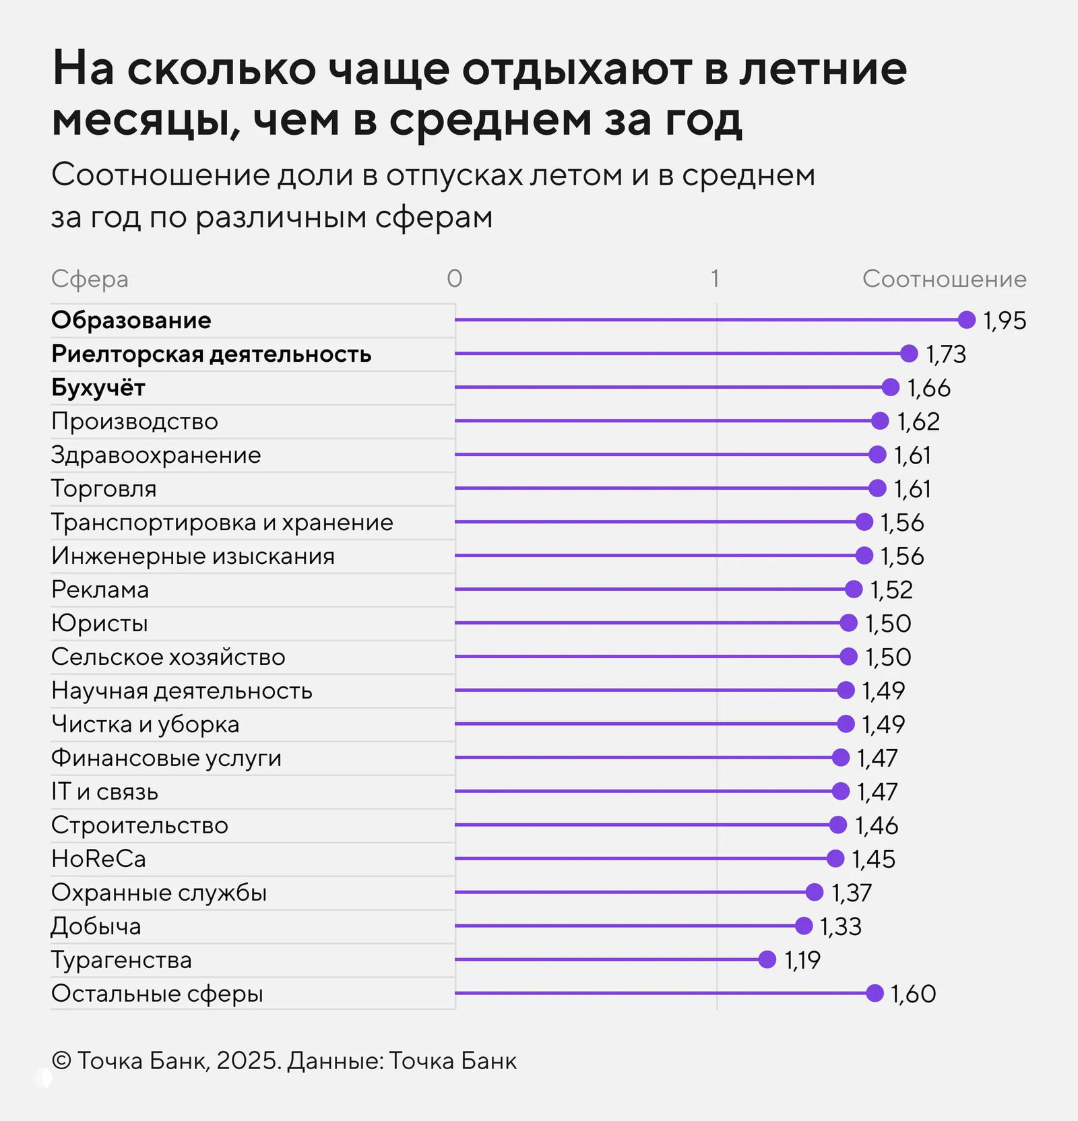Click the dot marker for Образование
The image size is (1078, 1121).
(966, 320)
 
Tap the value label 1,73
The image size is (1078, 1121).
(946, 354)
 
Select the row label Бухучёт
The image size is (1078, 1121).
(98, 387)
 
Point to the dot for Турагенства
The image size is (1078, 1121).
(767, 959)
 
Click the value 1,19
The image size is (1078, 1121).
(802, 960)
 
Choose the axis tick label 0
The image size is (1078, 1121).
(455, 278)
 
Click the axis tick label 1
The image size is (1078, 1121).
(715, 278)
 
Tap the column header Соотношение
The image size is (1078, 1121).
(945, 279)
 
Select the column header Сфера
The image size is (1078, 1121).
(90, 279)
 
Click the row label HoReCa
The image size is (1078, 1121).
(99, 859)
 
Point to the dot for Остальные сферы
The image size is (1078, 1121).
(875, 993)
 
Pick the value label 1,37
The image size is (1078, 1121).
(852, 893)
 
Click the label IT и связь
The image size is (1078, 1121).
(105, 792)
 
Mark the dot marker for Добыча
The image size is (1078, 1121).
(803, 926)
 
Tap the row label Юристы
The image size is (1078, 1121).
(100, 623)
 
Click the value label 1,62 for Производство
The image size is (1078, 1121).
(918, 422)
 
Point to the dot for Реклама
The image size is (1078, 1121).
(854, 589)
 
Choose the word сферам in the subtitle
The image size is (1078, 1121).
(434, 218)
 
